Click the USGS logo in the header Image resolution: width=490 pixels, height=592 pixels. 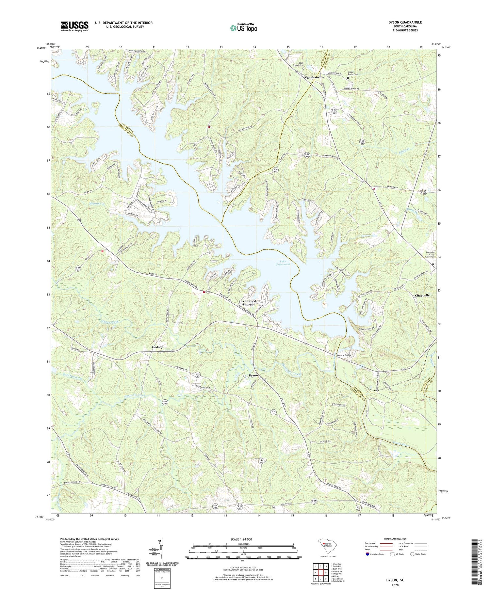(x=74, y=26)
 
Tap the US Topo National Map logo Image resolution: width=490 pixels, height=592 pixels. (x=243, y=28)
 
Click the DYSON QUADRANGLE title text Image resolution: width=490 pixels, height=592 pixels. (x=405, y=22)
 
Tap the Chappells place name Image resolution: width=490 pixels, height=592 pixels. (x=422, y=295)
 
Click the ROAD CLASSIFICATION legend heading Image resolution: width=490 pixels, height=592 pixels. (x=395, y=539)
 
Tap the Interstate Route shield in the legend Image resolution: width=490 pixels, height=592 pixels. (x=367, y=554)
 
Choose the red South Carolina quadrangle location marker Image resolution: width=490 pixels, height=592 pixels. (x=324, y=544)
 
